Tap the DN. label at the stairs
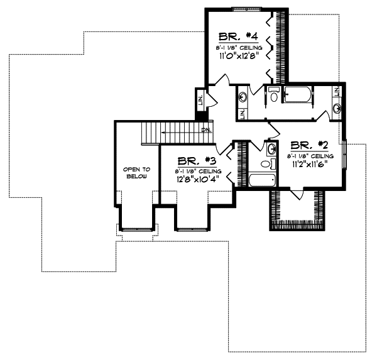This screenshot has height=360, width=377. (x=205, y=130)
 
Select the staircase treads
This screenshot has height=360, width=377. (x=157, y=133)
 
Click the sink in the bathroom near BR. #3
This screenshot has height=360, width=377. (x=270, y=149)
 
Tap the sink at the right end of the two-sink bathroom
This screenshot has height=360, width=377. (x=337, y=107)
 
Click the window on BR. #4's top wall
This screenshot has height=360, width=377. (x=240, y=8)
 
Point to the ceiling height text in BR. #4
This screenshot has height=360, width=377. (x=236, y=45)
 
